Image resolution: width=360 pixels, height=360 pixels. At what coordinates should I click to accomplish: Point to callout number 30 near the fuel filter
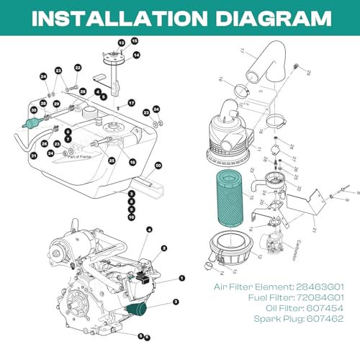[33, 110]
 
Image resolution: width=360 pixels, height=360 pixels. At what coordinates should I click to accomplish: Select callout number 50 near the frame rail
[158, 166]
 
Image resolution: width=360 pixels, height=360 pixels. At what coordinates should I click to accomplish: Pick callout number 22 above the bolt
[78, 68]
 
